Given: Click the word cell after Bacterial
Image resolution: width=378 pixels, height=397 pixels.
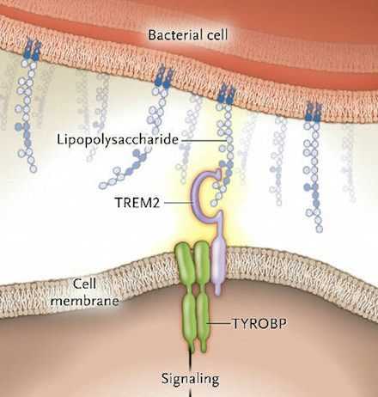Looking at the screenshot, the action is [216, 35].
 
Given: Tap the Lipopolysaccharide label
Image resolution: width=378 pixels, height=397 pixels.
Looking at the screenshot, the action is [118, 140].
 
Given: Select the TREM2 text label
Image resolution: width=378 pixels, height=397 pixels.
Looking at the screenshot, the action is [137, 203].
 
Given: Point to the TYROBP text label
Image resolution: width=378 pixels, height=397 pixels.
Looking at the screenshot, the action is [259, 324].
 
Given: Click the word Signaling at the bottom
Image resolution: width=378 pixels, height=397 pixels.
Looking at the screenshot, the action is [190, 379].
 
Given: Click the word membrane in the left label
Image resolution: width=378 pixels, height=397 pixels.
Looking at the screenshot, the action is [84, 301].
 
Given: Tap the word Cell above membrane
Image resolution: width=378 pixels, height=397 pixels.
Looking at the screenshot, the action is [84, 284].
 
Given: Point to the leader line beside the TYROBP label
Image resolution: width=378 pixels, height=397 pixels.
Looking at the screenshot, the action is [219, 324].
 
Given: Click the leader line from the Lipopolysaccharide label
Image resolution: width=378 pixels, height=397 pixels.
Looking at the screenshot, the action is [204, 140].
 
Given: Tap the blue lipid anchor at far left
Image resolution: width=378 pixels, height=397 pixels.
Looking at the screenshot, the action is [33, 51].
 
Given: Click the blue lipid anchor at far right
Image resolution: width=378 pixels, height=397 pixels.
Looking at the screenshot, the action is [313, 113].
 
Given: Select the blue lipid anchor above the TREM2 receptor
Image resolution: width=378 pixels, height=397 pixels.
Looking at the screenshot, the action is [225, 95].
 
